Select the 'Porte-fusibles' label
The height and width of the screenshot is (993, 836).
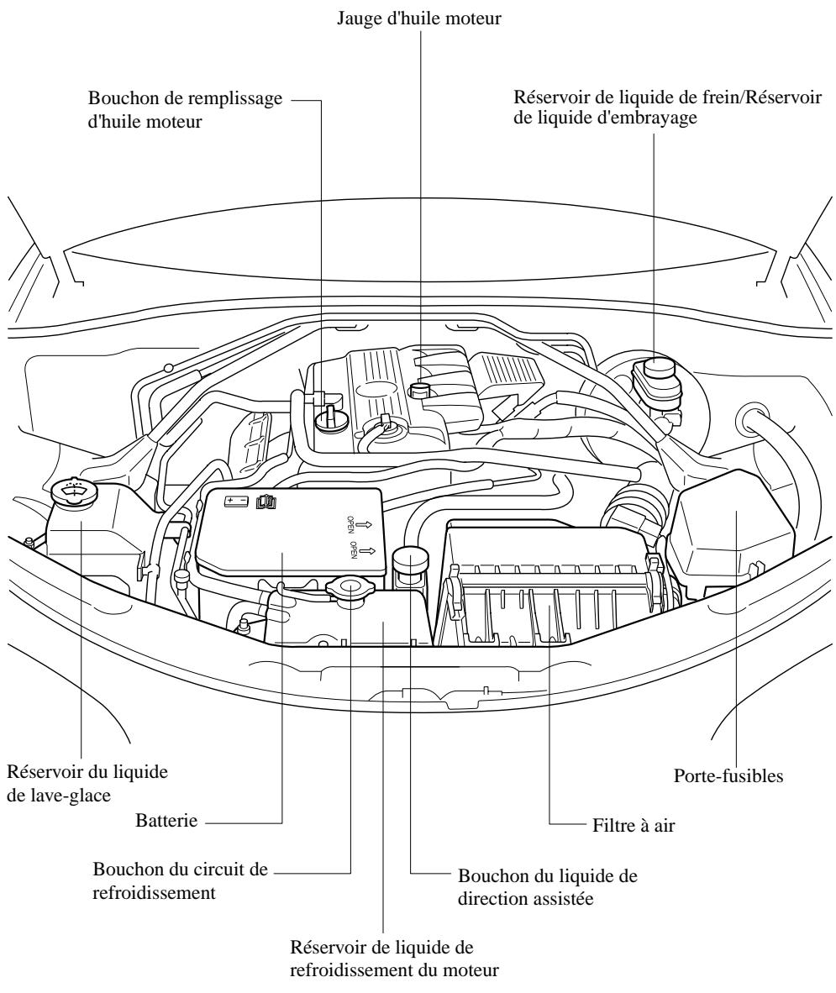(x=728, y=777)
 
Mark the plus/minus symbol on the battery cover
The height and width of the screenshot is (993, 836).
(x=234, y=501)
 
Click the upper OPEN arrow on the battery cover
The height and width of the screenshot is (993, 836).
(x=363, y=525)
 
